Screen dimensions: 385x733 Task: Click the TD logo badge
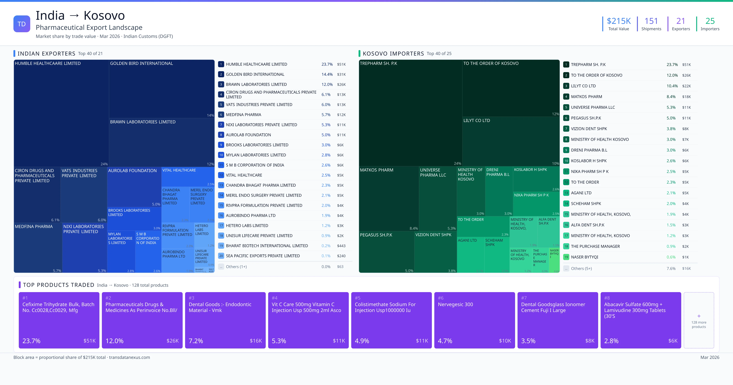coord(22,24)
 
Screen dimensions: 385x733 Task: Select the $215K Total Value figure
coord(619,21)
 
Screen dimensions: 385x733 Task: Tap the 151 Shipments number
coord(651,21)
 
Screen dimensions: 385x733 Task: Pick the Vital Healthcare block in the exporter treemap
coord(188,177)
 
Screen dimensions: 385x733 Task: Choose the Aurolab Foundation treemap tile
coord(134,187)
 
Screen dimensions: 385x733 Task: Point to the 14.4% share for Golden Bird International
coord(327,74)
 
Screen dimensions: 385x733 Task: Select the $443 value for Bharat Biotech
coord(341,246)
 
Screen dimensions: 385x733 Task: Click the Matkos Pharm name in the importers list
coord(586,97)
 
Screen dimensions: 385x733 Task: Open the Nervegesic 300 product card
coord(474,320)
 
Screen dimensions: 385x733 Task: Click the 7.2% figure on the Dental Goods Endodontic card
coord(196,341)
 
